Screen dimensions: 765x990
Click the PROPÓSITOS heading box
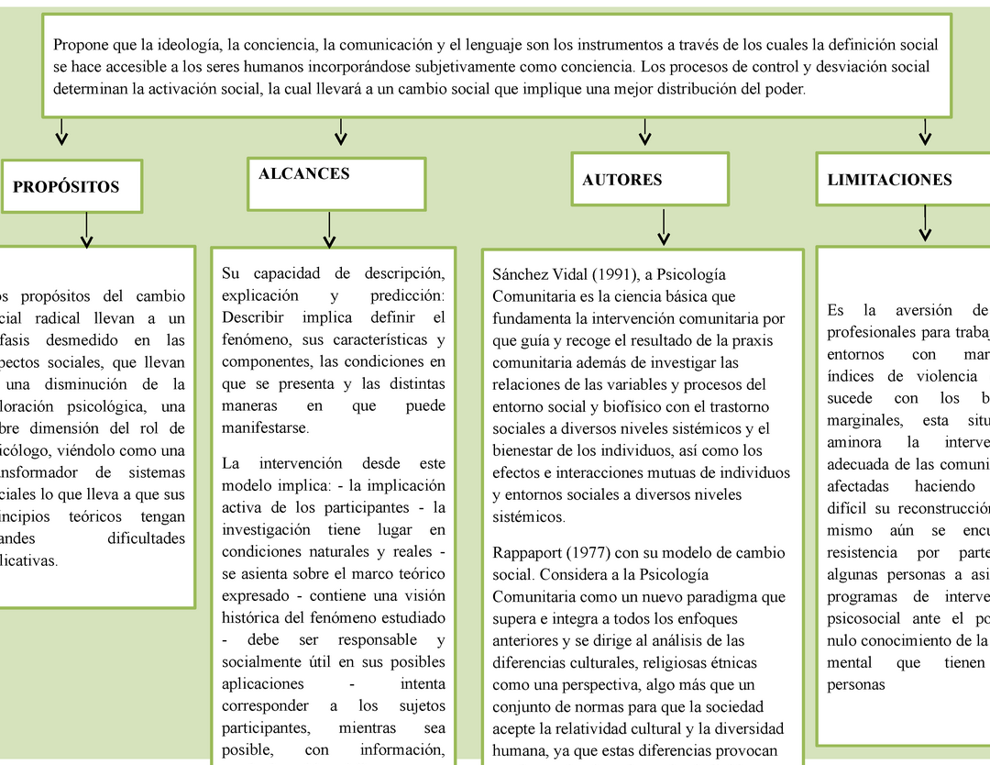coord(66,187)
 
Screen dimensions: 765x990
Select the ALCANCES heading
coord(303,174)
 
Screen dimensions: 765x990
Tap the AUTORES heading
coord(621,180)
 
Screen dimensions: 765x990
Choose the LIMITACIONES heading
coord(889,180)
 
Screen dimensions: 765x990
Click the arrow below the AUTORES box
coord(663,227)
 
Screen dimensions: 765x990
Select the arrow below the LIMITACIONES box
coord(926,223)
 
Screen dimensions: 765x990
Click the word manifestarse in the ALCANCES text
coord(266,428)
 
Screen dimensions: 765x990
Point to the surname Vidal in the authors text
coord(566,274)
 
